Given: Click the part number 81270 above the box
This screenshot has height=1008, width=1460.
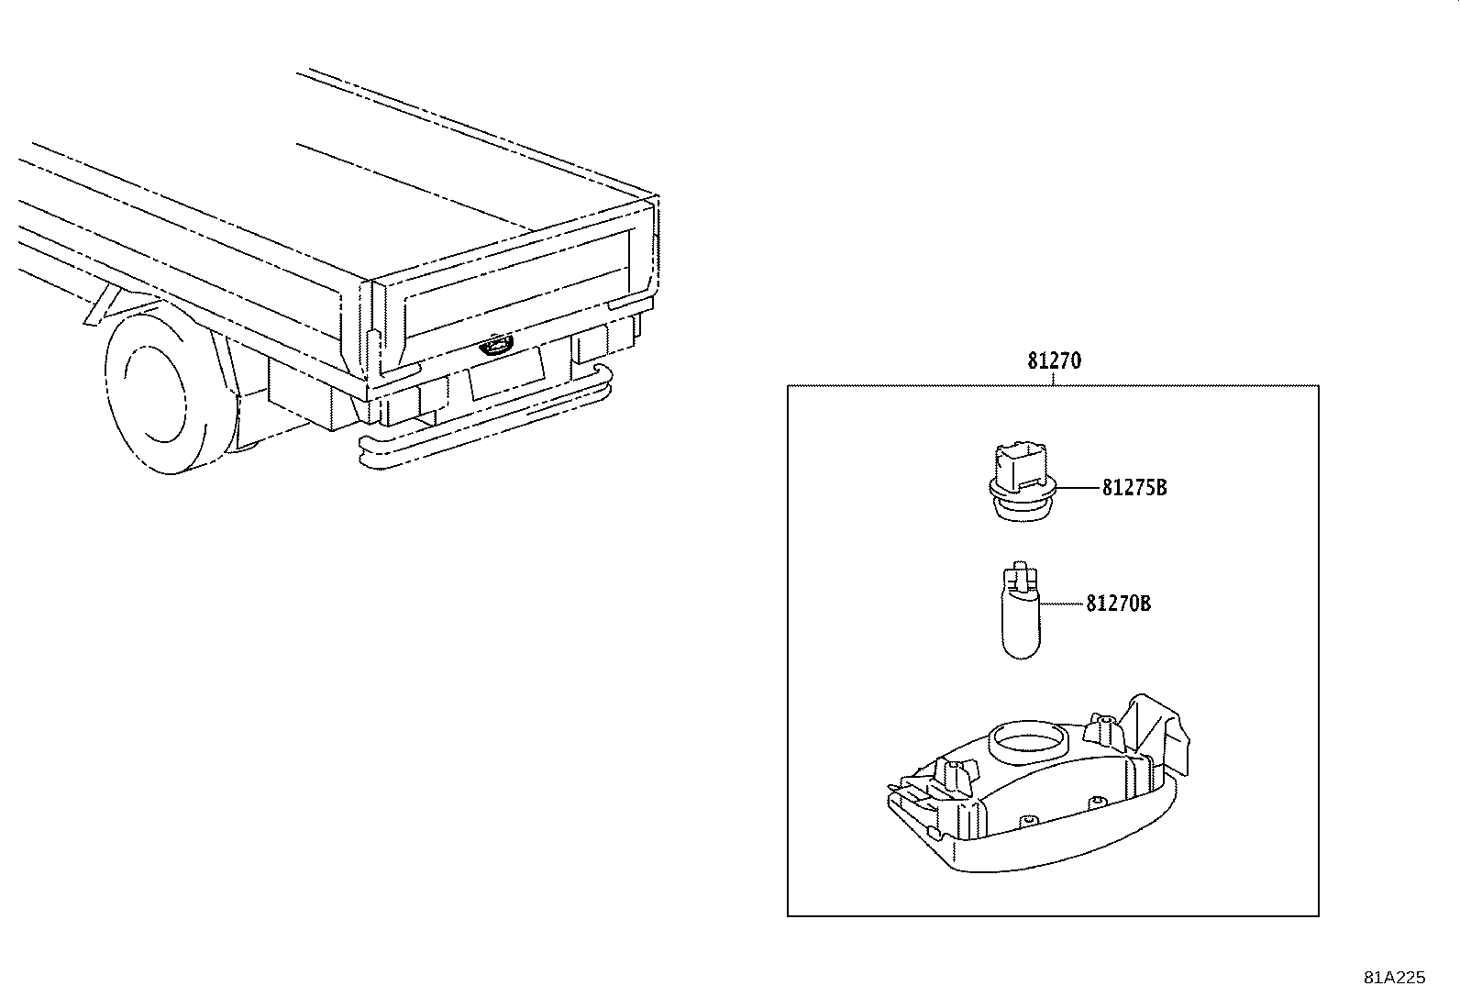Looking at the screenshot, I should pos(1054,360).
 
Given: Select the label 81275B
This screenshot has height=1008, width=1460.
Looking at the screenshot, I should pos(1134,488).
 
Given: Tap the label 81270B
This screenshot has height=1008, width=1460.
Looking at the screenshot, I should pos(1118,604).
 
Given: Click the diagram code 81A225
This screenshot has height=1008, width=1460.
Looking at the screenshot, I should pos(1394,978).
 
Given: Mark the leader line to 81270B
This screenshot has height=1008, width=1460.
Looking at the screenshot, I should pos(1063,604).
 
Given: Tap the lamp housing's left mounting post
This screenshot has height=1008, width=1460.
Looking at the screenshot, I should pos(953,779).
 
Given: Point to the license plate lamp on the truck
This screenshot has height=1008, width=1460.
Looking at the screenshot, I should pos(495,346).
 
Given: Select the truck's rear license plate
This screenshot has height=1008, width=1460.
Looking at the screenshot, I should pos(505,371).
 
